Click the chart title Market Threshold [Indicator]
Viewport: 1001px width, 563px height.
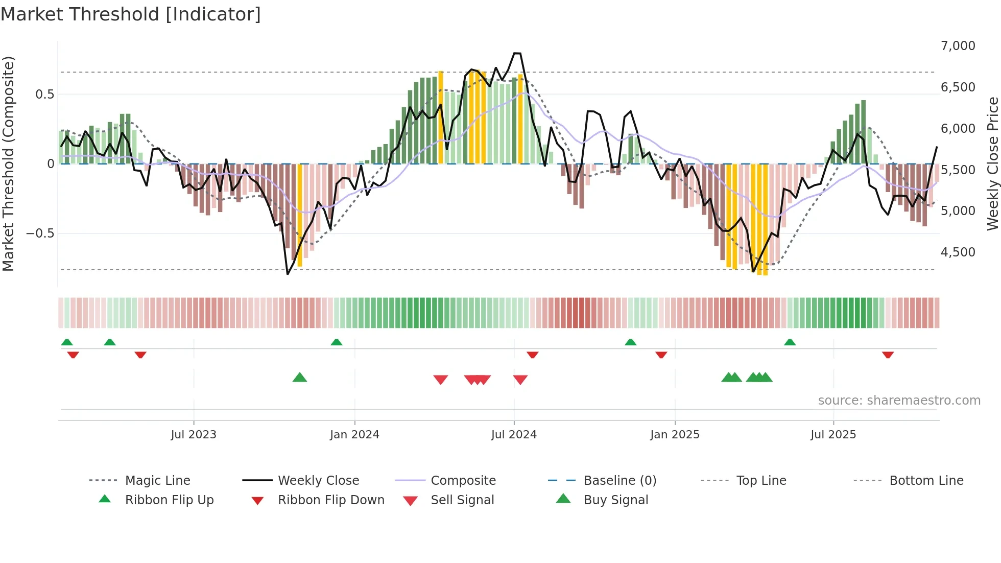[x=131, y=14]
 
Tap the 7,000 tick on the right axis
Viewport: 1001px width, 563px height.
[x=958, y=46]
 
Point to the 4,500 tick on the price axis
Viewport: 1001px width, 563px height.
[x=958, y=252]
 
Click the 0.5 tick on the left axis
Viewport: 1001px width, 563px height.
[x=44, y=95]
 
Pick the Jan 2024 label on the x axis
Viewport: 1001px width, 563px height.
[x=354, y=435]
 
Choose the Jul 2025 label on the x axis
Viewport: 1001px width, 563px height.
[x=833, y=435]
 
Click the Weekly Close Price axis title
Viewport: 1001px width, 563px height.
[x=992, y=163]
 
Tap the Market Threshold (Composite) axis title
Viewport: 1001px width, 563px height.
[x=8, y=163]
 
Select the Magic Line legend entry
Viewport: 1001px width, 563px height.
[x=157, y=481]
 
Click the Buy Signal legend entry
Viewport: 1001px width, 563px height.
[x=615, y=500]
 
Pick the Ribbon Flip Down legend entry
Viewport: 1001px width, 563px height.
[x=330, y=500]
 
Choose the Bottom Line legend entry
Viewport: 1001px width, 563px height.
[x=926, y=481]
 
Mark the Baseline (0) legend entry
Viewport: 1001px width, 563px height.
[x=619, y=481]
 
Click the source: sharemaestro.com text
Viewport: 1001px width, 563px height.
[x=899, y=401]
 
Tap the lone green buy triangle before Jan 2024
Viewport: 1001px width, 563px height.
[x=300, y=378]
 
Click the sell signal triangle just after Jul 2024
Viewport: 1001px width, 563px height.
[x=520, y=380]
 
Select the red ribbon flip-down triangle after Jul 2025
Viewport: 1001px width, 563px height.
[x=888, y=355]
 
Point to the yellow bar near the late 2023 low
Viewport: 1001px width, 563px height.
[x=300, y=215]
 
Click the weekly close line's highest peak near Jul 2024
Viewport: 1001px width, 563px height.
[x=517, y=53]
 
